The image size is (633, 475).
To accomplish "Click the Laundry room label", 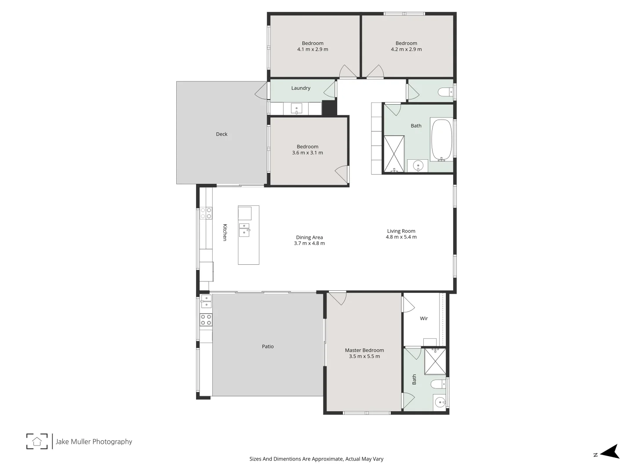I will tap(301, 88).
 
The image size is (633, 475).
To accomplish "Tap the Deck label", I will tap(222, 134).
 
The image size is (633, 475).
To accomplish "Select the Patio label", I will tap(268, 347).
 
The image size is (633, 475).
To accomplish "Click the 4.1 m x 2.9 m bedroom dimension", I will tap(313, 49).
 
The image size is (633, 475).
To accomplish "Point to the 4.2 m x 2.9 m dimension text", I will tap(406, 49).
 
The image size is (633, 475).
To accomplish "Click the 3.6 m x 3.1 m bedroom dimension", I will tap(307, 153).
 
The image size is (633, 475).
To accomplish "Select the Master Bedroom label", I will tap(364, 350).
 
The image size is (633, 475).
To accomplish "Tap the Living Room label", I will tap(401, 231).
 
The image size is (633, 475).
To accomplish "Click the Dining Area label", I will tap(309, 237).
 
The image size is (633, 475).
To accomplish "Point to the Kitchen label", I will tap(225, 232).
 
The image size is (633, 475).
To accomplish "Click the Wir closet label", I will tap(424, 318).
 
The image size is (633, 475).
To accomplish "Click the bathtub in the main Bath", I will tap(442, 139).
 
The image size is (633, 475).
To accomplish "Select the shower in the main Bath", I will tap(394, 153).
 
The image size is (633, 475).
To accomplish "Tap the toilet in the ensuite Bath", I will tap(438, 384).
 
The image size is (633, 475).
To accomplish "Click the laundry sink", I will tap(297, 108).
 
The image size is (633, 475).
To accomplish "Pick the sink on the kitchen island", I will tap(244, 230).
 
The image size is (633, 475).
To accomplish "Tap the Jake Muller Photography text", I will tap(94, 442).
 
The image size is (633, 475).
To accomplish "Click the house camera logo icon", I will tap(37, 441).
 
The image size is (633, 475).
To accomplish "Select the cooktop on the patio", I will tap(206, 320).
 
